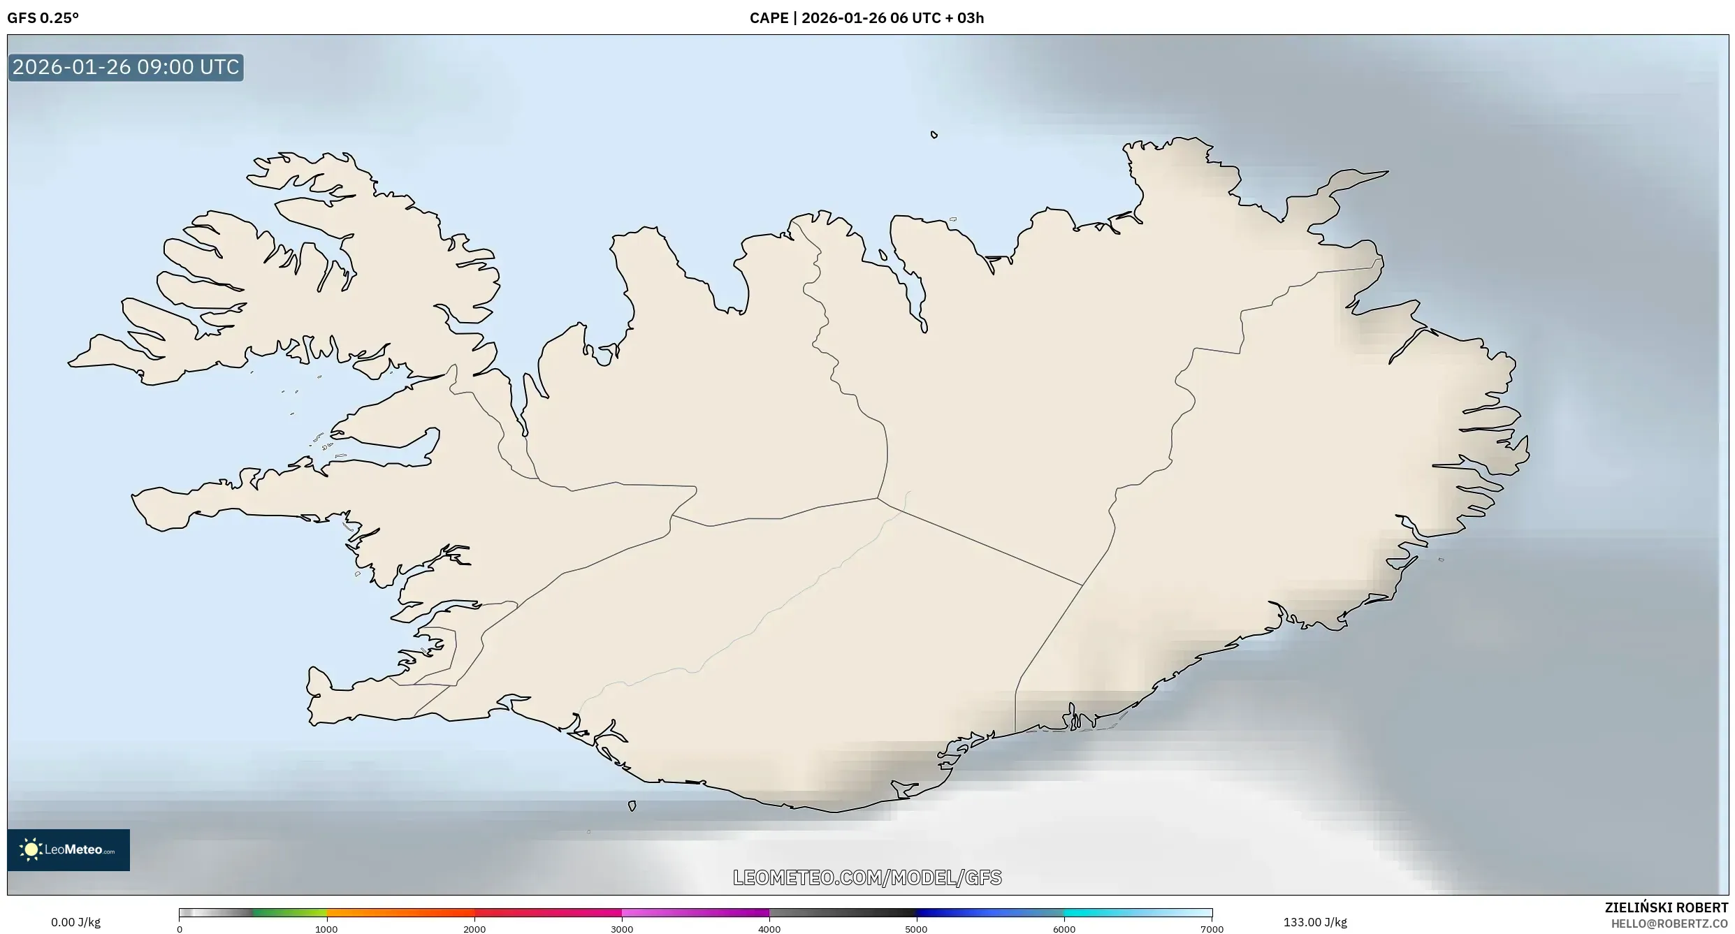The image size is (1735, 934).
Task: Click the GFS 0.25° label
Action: (x=43, y=18)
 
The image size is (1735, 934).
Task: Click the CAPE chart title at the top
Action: (x=866, y=18)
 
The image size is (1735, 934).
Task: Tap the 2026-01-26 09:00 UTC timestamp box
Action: (x=126, y=68)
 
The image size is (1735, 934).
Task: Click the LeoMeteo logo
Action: (x=68, y=849)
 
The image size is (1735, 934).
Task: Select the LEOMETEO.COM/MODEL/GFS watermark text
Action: (x=867, y=877)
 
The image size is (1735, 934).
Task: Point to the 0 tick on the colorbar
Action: (x=180, y=929)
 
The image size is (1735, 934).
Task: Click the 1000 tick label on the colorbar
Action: (x=326, y=929)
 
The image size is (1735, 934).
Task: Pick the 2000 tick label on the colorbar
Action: (x=474, y=929)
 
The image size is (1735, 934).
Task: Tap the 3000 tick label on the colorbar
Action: (x=622, y=929)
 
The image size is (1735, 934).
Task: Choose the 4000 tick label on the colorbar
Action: (x=769, y=929)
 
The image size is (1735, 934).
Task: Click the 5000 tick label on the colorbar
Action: (x=917, y=929)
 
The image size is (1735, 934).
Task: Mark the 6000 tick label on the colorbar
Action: (x=1064, y=929)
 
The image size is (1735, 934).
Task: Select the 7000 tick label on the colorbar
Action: (x=1212, y=929)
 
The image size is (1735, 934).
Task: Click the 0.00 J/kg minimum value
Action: (x=75, y=922)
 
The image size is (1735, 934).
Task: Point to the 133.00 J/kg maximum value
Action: (x=1315, y=922)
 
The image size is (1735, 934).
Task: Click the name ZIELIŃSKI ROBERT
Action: (x=1667, y=907)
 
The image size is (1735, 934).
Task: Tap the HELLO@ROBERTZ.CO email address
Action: (x=1676, y=924)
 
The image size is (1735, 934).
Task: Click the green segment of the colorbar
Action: (x=289, y=912)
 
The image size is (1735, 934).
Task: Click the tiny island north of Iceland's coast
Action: (x=934, y=135)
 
